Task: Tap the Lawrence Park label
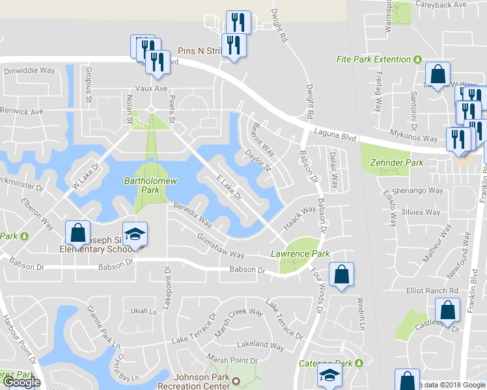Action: (300, 253)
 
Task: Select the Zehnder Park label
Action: (392, 162)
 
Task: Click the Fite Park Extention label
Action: (373, 59)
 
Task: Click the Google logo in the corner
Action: (21, 382)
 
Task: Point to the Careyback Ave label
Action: (441, 5)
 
